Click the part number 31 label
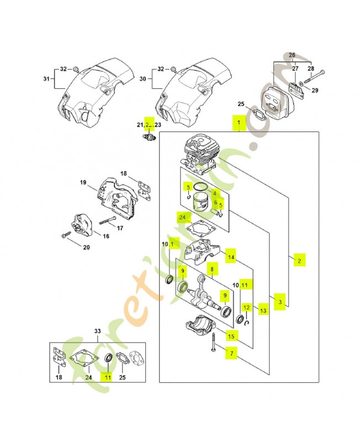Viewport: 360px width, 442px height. point(46,78)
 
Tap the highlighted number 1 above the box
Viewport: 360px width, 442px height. point(238,122)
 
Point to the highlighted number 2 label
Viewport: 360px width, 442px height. point(299,260)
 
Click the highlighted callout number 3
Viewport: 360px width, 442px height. point(280,302)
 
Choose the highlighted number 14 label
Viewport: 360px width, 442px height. point(232,257)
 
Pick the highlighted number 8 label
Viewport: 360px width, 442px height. point(210,269)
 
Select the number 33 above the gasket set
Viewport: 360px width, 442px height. point(98,331)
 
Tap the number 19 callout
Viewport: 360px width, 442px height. point(83,182)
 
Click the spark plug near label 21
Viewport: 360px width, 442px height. point(148,138)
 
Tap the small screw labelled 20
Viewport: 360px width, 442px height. point(66,236)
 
